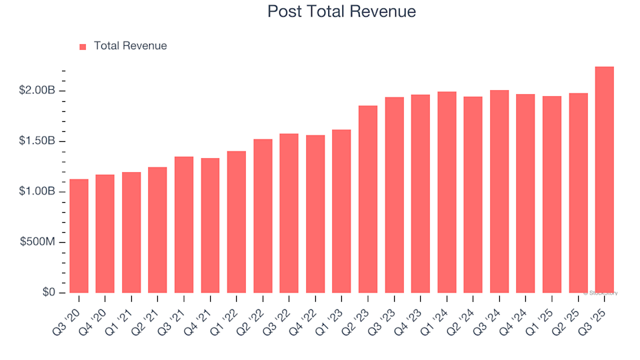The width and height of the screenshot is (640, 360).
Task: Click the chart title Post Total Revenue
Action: pyautogui.click(x=341, y=11)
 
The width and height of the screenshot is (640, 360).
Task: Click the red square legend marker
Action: pyautogui.click(x=83, y=47)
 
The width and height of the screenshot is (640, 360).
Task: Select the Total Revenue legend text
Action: pyautogui.click(x=130, y=46)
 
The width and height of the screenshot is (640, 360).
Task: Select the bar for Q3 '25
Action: pyautogui.click(x=604, y=180)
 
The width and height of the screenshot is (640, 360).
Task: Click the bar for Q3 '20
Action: pyautogui.click(x=79, y=236)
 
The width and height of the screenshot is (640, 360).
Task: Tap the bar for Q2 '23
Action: pyautogui.click(x=367, y=199)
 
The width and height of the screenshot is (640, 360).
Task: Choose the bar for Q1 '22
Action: pyautogui.click(x=236, y=222)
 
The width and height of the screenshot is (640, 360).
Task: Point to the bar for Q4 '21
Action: pyautogui.click(x=210, y=225)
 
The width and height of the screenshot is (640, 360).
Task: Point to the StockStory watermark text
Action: pyautogui.click(x=601, y=293)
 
